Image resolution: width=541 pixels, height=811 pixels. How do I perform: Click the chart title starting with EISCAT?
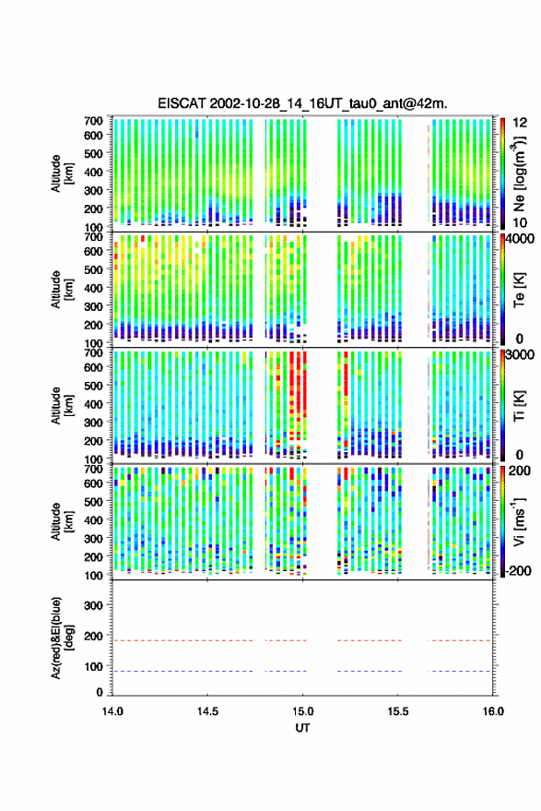(x=302, y=103)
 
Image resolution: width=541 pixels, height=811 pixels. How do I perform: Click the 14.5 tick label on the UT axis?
(x=207, y=711)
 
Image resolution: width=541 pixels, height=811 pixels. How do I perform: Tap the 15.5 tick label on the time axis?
(x=398, y=711)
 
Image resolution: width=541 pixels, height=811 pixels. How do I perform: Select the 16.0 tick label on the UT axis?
(x=493, y=711)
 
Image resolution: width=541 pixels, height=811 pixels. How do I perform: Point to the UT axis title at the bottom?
(x=302, y=728)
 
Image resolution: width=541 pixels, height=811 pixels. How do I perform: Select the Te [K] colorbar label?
(x=519, y=290)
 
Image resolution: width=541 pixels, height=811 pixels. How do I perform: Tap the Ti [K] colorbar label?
(x=519, y=406)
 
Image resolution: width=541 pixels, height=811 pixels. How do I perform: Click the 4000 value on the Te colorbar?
(x=521, y=240)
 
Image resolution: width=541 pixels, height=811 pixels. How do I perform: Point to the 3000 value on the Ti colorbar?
(x=521, y=355)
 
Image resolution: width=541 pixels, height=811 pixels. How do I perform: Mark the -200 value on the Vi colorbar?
(x=518, y=570)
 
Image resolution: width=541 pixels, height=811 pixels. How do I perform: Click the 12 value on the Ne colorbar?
(x=521, y=123)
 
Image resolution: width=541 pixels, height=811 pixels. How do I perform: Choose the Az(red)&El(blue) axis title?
(x=61, y=638)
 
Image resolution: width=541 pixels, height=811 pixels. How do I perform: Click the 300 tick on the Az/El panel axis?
(x=93, y=605)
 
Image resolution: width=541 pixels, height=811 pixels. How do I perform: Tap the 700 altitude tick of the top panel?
(x=93, y=121)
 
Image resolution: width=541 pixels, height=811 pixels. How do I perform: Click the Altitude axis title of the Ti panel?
(x=61, y=406)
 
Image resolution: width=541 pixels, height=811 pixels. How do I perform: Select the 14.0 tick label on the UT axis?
(x=112, y=711)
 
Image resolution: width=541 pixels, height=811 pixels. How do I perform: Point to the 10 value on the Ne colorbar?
(x=521, y=223)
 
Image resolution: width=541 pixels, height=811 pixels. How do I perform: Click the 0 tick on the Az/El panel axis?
(x=100, y=692)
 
